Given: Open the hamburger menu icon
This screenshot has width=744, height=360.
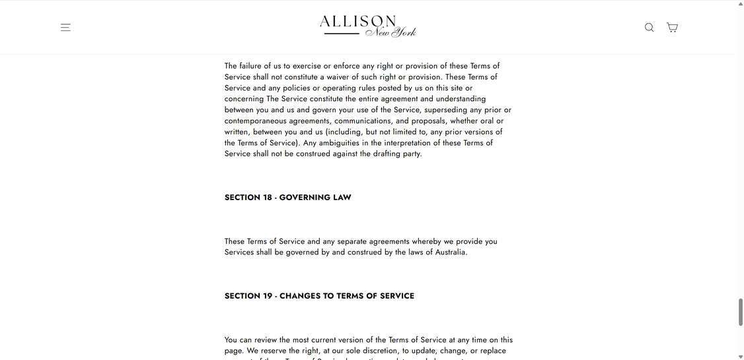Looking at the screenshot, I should (x=65, y=28).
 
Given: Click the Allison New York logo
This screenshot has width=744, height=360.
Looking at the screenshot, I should (x=367, y=26).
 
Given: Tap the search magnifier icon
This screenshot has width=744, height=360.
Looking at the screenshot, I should (x=649, y=28).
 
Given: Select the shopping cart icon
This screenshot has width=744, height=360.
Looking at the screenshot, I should (x=672, y=28).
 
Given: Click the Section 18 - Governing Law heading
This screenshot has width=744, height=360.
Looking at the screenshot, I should (x=287, y=198).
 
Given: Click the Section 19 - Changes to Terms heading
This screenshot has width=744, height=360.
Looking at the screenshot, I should (x=319, y=296).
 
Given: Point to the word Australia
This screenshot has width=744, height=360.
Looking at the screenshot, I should (x=451, y=252).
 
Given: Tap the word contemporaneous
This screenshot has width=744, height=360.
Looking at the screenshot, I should (x=255, y=121).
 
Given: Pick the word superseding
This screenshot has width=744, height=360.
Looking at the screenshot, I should (x=445, y=110).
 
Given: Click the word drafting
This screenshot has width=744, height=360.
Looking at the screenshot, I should (x=386, y=154).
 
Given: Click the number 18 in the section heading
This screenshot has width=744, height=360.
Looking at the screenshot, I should (x=268, y=198).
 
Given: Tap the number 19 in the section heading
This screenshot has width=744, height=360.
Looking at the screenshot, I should (x=268, y=296).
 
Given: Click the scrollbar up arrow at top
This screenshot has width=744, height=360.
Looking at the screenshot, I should (x=741, y=4).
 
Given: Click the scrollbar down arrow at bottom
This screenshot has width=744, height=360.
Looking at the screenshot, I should (x=741, y=356).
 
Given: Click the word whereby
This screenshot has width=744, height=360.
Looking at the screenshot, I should (x=426, y=242).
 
